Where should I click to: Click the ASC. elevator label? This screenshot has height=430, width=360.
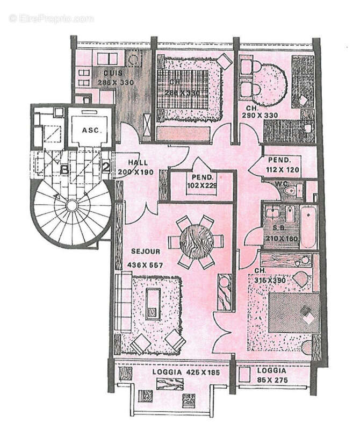pos(88,131)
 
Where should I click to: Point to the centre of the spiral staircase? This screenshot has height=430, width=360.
pos(71,205)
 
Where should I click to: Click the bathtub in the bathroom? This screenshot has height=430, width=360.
pos(308,227)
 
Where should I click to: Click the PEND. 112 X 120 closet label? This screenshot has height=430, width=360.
pos(279,165)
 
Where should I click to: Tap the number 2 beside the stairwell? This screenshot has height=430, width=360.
pos(106,167)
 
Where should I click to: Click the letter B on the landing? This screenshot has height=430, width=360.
pos(65,170)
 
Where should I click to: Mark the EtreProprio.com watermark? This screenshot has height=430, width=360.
pos(52,18)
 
